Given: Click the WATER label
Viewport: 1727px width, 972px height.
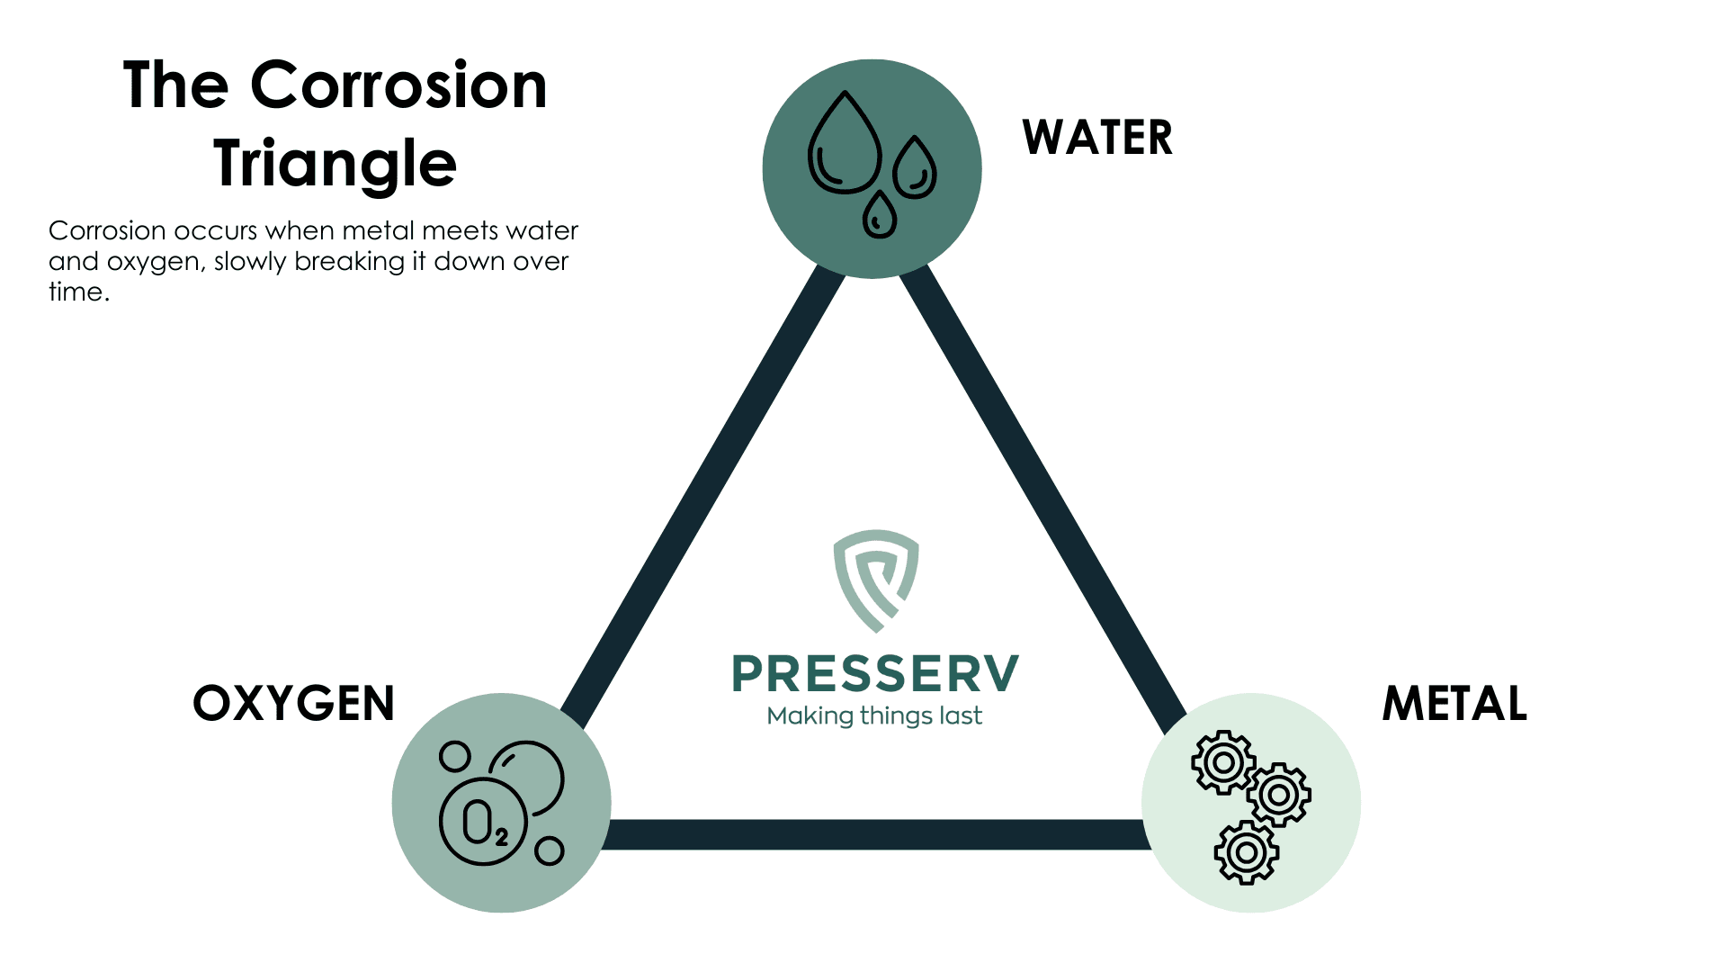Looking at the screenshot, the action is (1097, 138).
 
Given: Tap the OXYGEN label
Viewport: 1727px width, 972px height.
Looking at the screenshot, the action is (294, 703).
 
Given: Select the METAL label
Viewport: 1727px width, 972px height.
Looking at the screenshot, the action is (1454, 703).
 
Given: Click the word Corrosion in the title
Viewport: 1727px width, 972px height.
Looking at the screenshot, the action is (398, 85).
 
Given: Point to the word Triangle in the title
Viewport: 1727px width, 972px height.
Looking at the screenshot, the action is (336, 164).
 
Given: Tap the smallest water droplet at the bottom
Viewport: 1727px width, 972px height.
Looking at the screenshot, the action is (879, 216).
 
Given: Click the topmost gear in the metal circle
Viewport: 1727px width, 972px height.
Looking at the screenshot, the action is (1222, 762).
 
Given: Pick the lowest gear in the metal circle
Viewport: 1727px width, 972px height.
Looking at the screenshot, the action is (1246, 851).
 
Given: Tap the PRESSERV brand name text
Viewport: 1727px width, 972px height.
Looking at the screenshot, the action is (875, 674).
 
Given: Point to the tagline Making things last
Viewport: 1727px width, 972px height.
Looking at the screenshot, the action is (874, 716).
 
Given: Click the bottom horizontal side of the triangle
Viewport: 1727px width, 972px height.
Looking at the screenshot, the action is (877, 834).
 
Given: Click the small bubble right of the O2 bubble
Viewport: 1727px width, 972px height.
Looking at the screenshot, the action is (549, 850).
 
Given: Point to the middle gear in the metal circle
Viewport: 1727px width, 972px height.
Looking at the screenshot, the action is (1278, 795).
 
